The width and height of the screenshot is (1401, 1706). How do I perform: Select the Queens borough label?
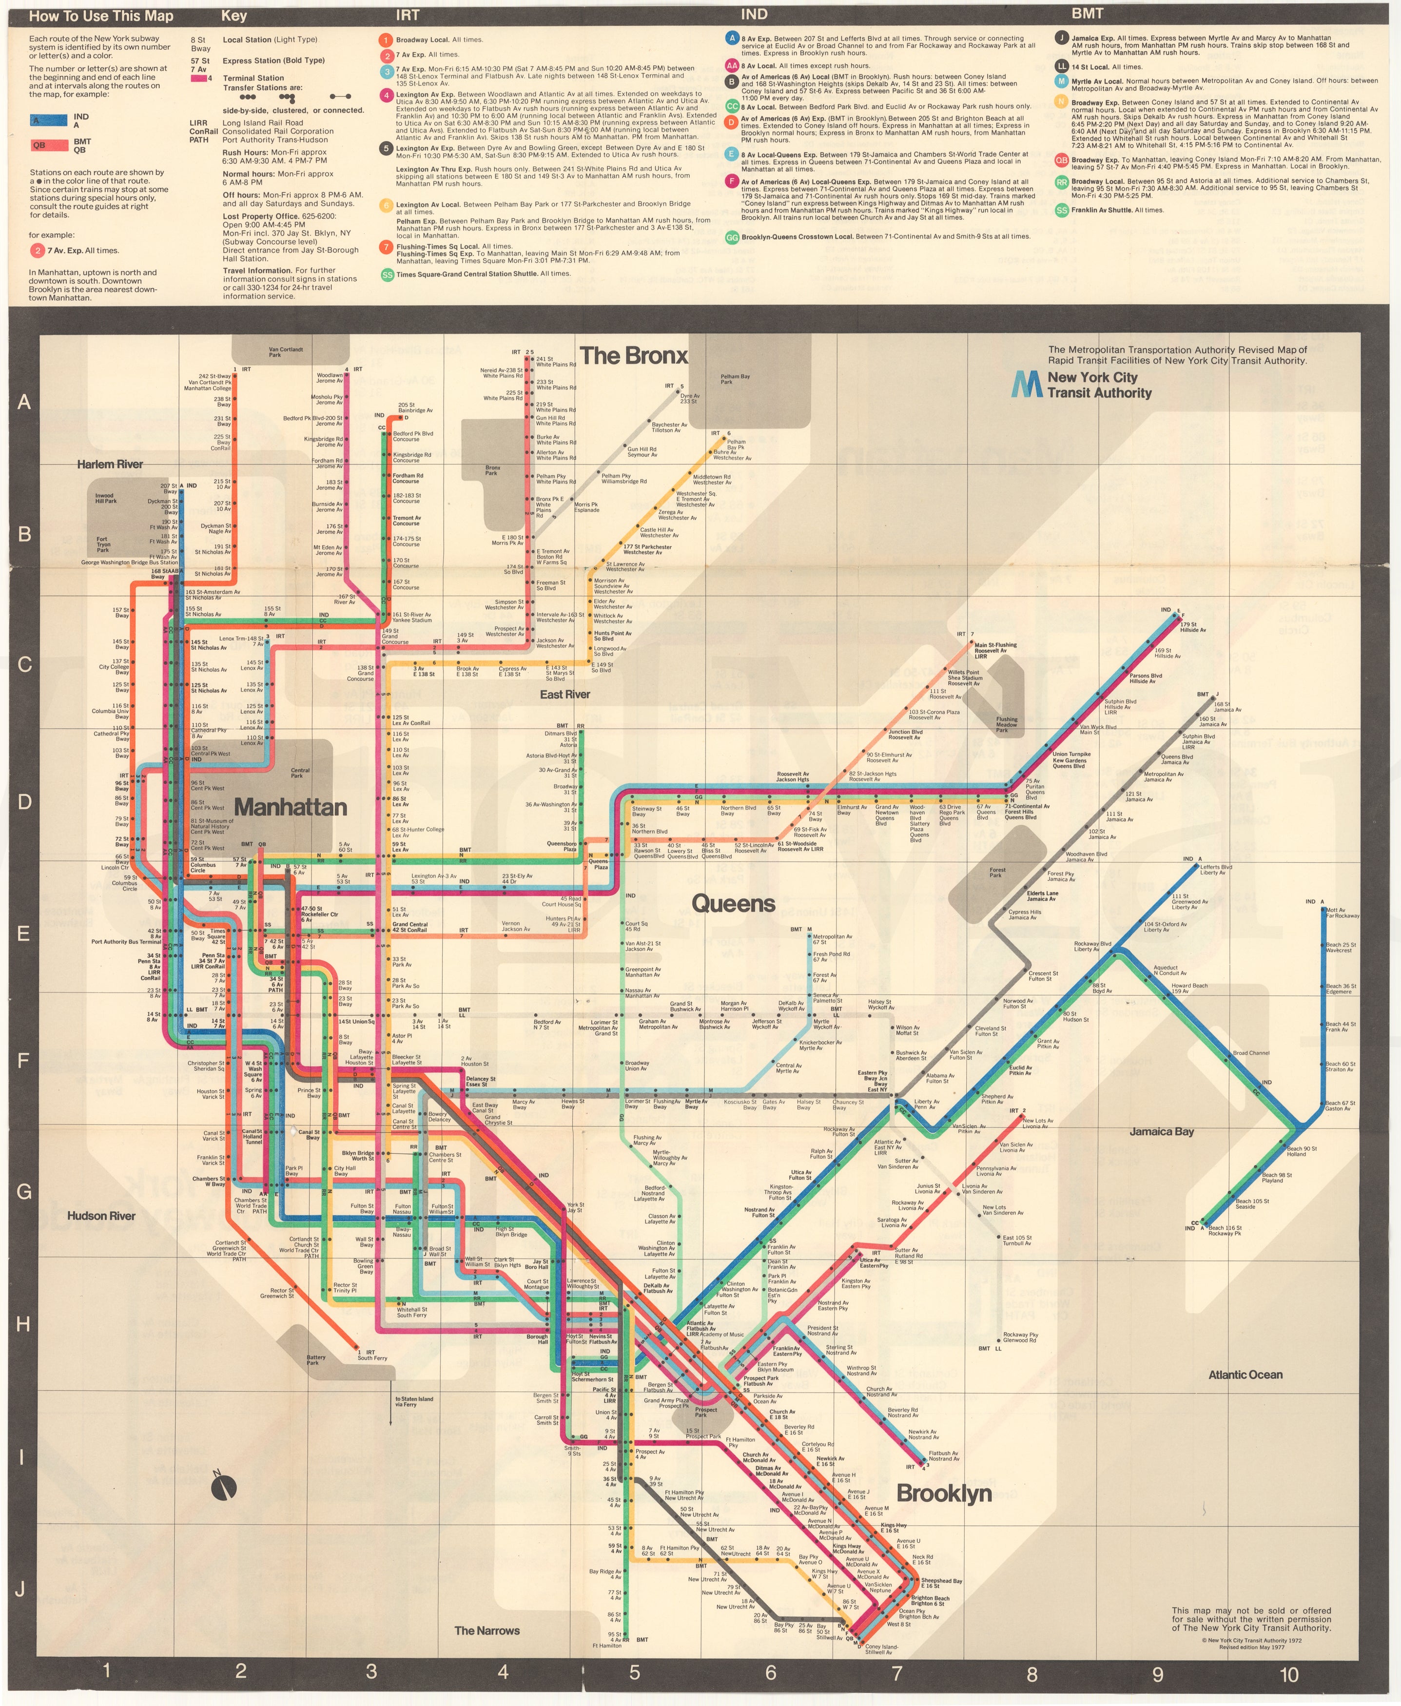(x=733, y=903)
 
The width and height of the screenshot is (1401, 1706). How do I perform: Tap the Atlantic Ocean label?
(x=1245, y=1375)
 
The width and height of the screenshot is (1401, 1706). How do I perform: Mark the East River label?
(x=565, y=694)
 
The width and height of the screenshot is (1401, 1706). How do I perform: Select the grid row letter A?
(x=24, y=402)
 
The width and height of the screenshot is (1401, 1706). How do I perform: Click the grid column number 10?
(x=1289, y=1674)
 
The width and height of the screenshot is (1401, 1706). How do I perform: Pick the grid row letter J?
(x=21, y=1589)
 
